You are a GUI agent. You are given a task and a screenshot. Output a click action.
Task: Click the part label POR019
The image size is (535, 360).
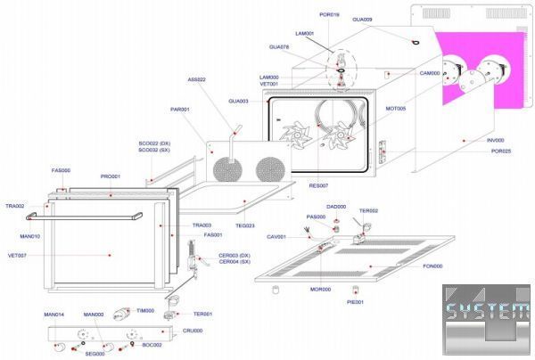coord(329,15)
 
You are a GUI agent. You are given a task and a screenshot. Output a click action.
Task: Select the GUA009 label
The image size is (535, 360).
coord(362,20)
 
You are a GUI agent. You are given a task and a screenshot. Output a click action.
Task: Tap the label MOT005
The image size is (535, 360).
coord(395,109)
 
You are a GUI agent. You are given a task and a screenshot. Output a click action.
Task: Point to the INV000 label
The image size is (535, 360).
coord(495,141)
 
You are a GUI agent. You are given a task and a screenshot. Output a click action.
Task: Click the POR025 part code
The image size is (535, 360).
coord(500,151)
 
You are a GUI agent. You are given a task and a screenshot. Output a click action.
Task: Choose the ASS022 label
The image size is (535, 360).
coord(196,80)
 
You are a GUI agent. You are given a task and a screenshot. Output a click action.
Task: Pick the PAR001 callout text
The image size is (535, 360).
coord(179,110)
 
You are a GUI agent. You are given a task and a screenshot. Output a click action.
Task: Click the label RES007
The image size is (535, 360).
coord(318,185)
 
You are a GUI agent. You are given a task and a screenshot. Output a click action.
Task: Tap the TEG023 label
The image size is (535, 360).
coord(245,225)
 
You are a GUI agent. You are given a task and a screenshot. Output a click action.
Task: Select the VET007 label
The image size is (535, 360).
coord(16,256)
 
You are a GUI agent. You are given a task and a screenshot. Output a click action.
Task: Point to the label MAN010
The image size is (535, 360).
coord(18,236)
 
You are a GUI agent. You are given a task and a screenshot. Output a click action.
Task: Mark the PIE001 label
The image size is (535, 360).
coord(355,303)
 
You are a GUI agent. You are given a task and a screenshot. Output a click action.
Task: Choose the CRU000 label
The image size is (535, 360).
coord(193,331)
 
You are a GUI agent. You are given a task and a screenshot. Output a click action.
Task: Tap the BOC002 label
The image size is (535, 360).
coord(152,345)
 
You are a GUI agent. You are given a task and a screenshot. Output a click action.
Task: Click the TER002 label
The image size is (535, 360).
coord(368,211)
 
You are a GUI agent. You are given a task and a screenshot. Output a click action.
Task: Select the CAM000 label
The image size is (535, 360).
coord(430,73)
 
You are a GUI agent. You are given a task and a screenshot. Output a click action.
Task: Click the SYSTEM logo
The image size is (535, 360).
coord(487,313)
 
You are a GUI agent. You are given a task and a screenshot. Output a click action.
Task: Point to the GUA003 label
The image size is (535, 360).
coord(238,101)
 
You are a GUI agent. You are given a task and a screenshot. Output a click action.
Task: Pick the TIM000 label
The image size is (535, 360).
coord(144,310)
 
